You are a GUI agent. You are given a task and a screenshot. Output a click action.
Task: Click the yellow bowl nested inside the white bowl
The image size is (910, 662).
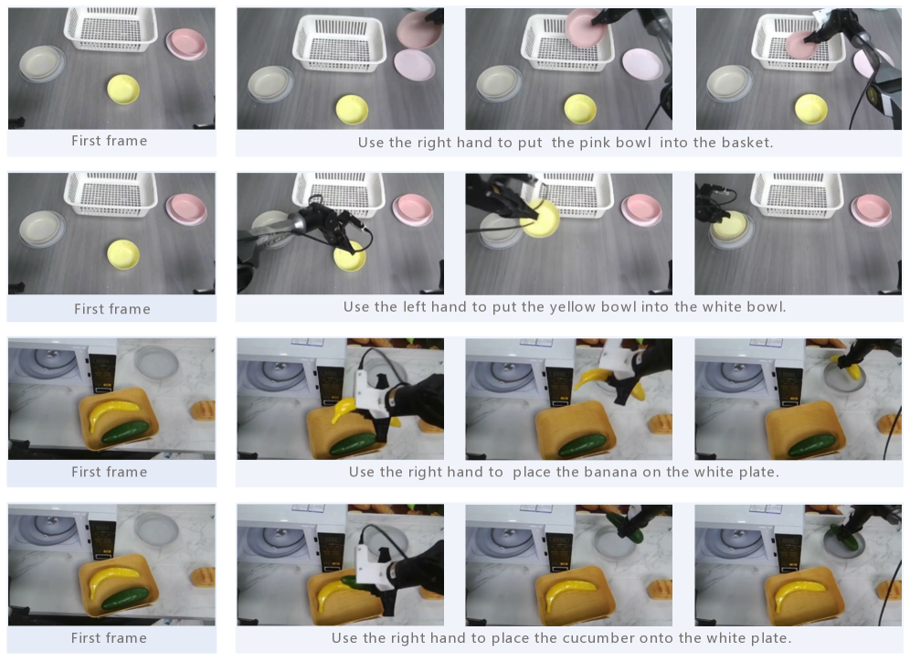tap(730, 226)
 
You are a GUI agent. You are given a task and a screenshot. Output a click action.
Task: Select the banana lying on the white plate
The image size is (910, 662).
tap(849, 368)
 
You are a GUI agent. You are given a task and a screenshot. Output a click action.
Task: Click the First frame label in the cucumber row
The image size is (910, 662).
tap(109, 637)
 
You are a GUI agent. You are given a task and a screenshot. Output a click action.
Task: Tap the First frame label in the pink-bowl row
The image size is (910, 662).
tap(109, 141)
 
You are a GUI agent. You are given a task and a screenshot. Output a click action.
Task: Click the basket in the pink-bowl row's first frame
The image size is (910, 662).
tap(111, 29)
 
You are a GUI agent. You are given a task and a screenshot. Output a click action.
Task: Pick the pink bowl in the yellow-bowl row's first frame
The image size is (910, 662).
tap(186, 209)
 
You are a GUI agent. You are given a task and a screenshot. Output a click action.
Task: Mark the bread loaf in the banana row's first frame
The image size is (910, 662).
tap(204, 410)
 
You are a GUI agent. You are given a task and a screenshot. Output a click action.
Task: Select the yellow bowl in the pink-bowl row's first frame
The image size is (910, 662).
tap(123, 89)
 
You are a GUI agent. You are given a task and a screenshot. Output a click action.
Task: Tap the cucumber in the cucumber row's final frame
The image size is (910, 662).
tap(841, 537)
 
